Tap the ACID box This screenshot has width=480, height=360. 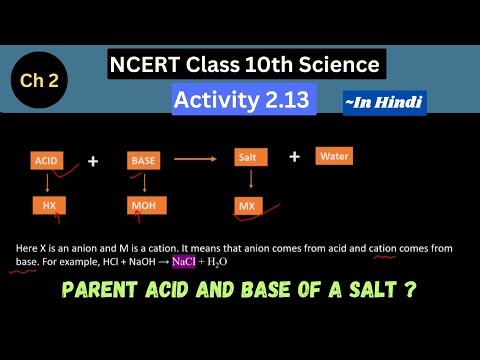click(47, 160)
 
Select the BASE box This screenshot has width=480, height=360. click(143, 160)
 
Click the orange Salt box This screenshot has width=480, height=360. click(249, 157)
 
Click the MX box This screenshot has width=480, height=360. click(247, 206)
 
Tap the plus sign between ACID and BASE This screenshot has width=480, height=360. click(93, 160)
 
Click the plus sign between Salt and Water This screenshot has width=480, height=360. click(294, 156)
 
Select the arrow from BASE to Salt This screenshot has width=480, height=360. click(196, 158)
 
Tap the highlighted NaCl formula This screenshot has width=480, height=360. click(184, 261)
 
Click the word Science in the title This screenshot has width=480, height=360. click(336, 66)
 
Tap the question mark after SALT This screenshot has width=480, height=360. click(411, 293)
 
